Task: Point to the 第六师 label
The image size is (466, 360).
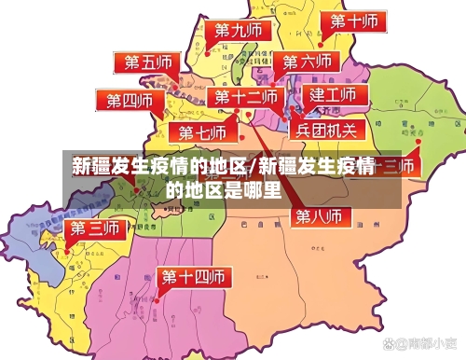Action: [308, 62]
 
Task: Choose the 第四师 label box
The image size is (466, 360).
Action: [128, 100]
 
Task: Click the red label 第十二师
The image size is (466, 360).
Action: [245, 97]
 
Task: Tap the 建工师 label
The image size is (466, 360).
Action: [334, 95]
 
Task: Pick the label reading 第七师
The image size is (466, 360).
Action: [202, 132]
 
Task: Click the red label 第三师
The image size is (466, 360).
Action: [96, 228]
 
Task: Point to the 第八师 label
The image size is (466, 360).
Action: [319, 215]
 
